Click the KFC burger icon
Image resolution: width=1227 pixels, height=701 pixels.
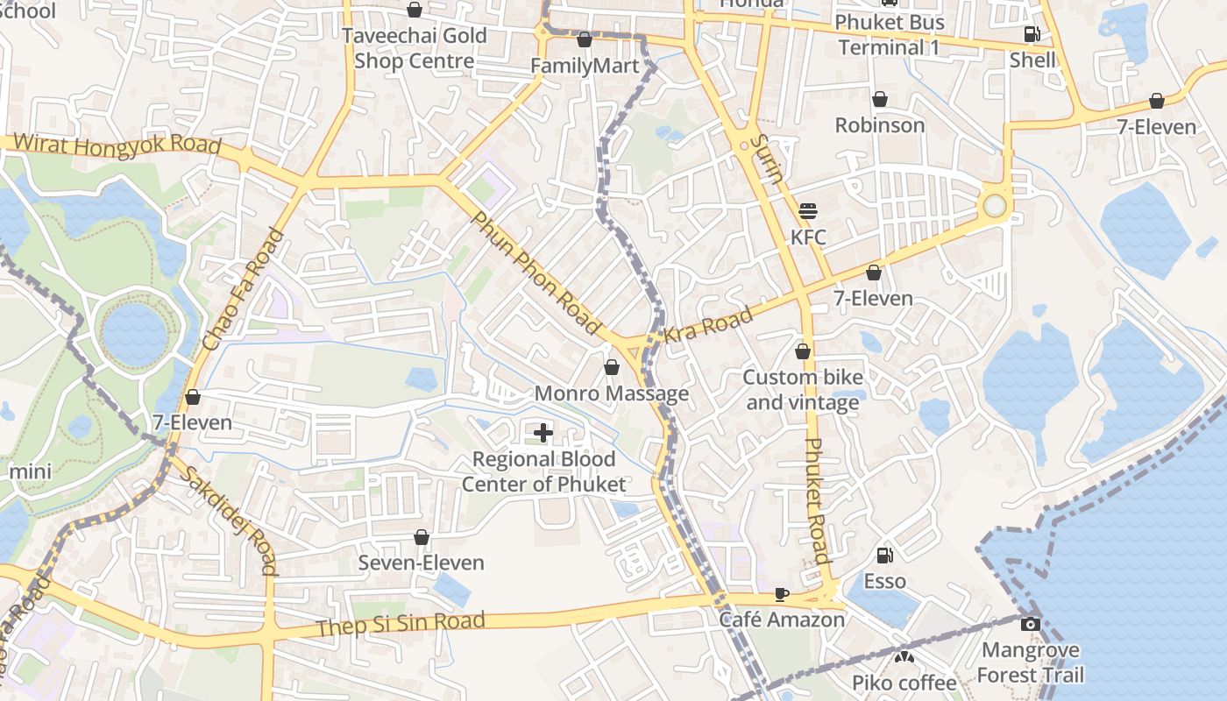pos(808,211)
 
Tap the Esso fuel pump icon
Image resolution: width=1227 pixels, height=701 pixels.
pos(885,555)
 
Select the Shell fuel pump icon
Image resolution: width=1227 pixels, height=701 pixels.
pos(1032,34)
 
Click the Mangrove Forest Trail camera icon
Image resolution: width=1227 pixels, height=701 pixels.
pos(1031,624)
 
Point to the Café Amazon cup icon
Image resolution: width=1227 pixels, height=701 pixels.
pos(782,594)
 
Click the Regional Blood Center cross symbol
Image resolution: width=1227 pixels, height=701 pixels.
pos(543,432)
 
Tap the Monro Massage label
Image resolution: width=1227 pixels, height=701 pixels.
pos(612,393)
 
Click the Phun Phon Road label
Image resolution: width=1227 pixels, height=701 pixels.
pos(536,272)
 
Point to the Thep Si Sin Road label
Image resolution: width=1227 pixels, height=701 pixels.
pos(400,624)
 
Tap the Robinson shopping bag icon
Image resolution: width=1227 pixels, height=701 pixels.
pos(879,100)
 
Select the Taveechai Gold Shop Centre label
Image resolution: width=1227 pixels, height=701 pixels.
pos(415,48)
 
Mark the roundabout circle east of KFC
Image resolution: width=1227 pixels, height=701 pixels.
pos(994,206)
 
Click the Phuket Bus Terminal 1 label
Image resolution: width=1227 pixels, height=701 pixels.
pos(889,34)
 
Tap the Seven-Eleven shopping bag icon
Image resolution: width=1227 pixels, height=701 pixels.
pos(422,536)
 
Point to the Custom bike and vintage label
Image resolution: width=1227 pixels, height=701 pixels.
pos(803,390)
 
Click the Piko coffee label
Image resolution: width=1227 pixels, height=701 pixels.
pos(904,683)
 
